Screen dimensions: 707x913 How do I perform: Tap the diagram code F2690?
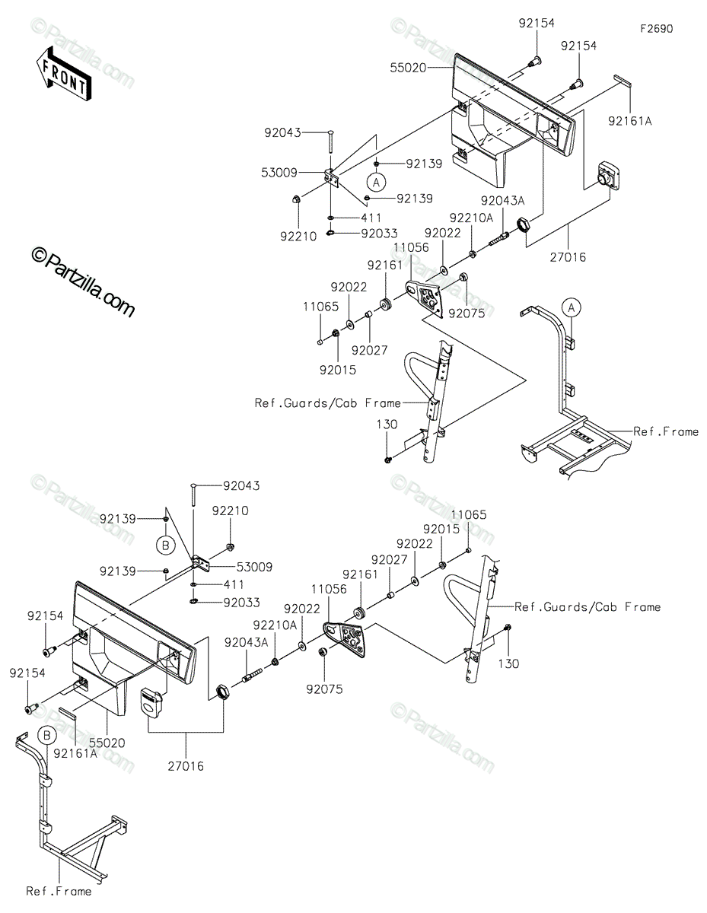657,29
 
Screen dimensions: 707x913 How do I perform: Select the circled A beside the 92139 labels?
376,183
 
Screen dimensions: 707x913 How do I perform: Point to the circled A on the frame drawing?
572,308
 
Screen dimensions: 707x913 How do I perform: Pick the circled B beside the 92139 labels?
165,546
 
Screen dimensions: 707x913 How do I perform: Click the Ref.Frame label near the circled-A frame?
666,431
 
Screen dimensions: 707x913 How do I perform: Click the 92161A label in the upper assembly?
629,121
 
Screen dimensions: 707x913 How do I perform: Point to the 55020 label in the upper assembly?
408,68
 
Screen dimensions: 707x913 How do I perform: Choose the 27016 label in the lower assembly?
186,766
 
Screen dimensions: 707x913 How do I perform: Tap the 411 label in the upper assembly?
371,218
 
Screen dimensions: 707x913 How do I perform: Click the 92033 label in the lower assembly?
241,603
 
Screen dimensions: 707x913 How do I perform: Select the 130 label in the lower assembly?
508,664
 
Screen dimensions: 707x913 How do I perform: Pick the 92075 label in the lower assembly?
324,689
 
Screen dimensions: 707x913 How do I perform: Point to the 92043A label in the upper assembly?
503,201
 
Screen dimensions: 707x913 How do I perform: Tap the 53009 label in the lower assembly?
254,567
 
